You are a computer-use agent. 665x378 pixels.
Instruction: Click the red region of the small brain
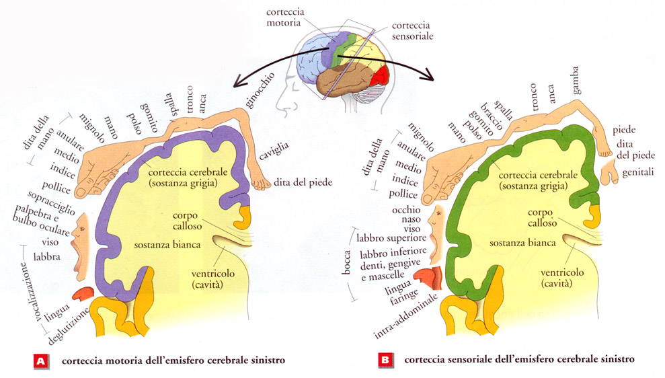[381, 75]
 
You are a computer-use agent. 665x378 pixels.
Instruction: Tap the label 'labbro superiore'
[391, 238]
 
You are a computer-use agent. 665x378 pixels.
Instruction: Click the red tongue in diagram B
[427, 275]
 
